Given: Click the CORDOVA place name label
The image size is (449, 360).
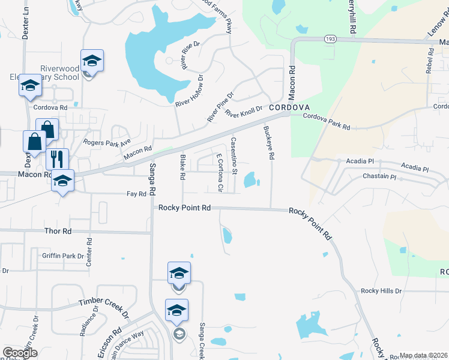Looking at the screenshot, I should [x=289, y=107].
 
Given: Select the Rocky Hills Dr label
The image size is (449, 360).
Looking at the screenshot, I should [x=381, y=291].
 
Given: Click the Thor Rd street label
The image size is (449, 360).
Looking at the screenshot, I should [x=58, y=230].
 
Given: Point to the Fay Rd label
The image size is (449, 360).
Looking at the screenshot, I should [x=137, y=194].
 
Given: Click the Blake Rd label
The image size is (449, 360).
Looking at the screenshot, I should [x=182, y=168].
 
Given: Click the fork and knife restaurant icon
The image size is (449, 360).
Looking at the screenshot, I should [x=57, y=159].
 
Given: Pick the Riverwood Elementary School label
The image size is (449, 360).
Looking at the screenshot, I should [x=58, y=73].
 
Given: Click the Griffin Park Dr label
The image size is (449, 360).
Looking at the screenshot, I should [x=63, y=256].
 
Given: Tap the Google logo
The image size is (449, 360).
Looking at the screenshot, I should [x=20, y=353].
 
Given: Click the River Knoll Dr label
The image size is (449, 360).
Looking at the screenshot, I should [x=244, y=111].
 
